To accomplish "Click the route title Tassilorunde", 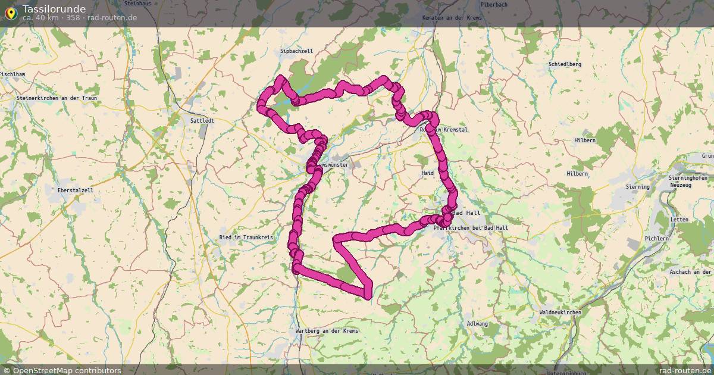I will (x=54, y=9).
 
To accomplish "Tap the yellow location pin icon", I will (x=11, y=12).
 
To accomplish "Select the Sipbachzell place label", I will (x=296, y=51).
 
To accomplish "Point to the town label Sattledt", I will (x=202, y=120).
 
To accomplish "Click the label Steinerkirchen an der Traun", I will (x=57, y=98).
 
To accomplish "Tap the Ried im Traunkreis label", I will (x=246, y=237).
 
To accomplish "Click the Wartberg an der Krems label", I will (x=327, y=331).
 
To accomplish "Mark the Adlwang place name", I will (x=477, y=324).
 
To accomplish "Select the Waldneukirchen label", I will (x=560, y=312).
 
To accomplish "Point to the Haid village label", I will (x=428, y=173).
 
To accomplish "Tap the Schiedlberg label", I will (x=565, y=64).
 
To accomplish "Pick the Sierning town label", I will (x=637, y=186).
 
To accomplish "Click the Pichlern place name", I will (x=657, y=239).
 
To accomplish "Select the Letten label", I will (x=679, y=220).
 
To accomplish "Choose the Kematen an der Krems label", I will (x=452, y=18).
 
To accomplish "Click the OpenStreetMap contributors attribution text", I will (x=67, y=370).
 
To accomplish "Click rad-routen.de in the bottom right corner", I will (x=681, y=370).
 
